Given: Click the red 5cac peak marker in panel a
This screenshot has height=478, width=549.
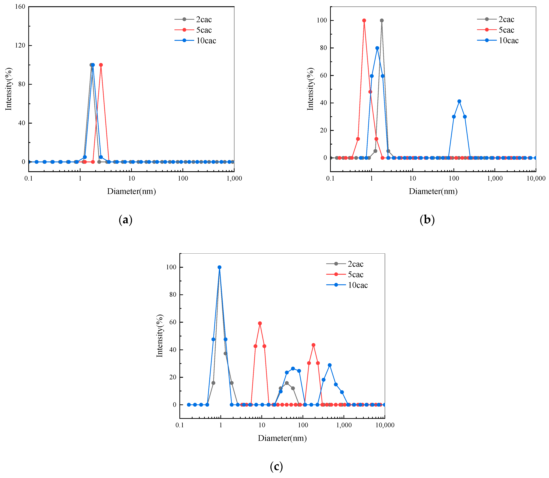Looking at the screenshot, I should tap(101, 65).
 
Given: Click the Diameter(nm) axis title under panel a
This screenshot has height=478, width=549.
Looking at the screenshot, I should tap(131, 191).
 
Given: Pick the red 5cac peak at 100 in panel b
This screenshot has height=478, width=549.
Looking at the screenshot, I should tap(364, 21).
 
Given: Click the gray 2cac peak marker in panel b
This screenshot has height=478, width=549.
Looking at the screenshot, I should tap(382, 21).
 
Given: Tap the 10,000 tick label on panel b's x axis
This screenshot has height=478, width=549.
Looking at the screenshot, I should tap(536, 179).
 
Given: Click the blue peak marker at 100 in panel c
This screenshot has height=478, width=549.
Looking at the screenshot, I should tap(219, 267).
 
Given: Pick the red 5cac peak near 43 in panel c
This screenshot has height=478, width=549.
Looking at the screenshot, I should tap(313, 345).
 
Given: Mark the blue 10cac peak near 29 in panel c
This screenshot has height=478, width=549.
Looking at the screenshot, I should tap(330, 365).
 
